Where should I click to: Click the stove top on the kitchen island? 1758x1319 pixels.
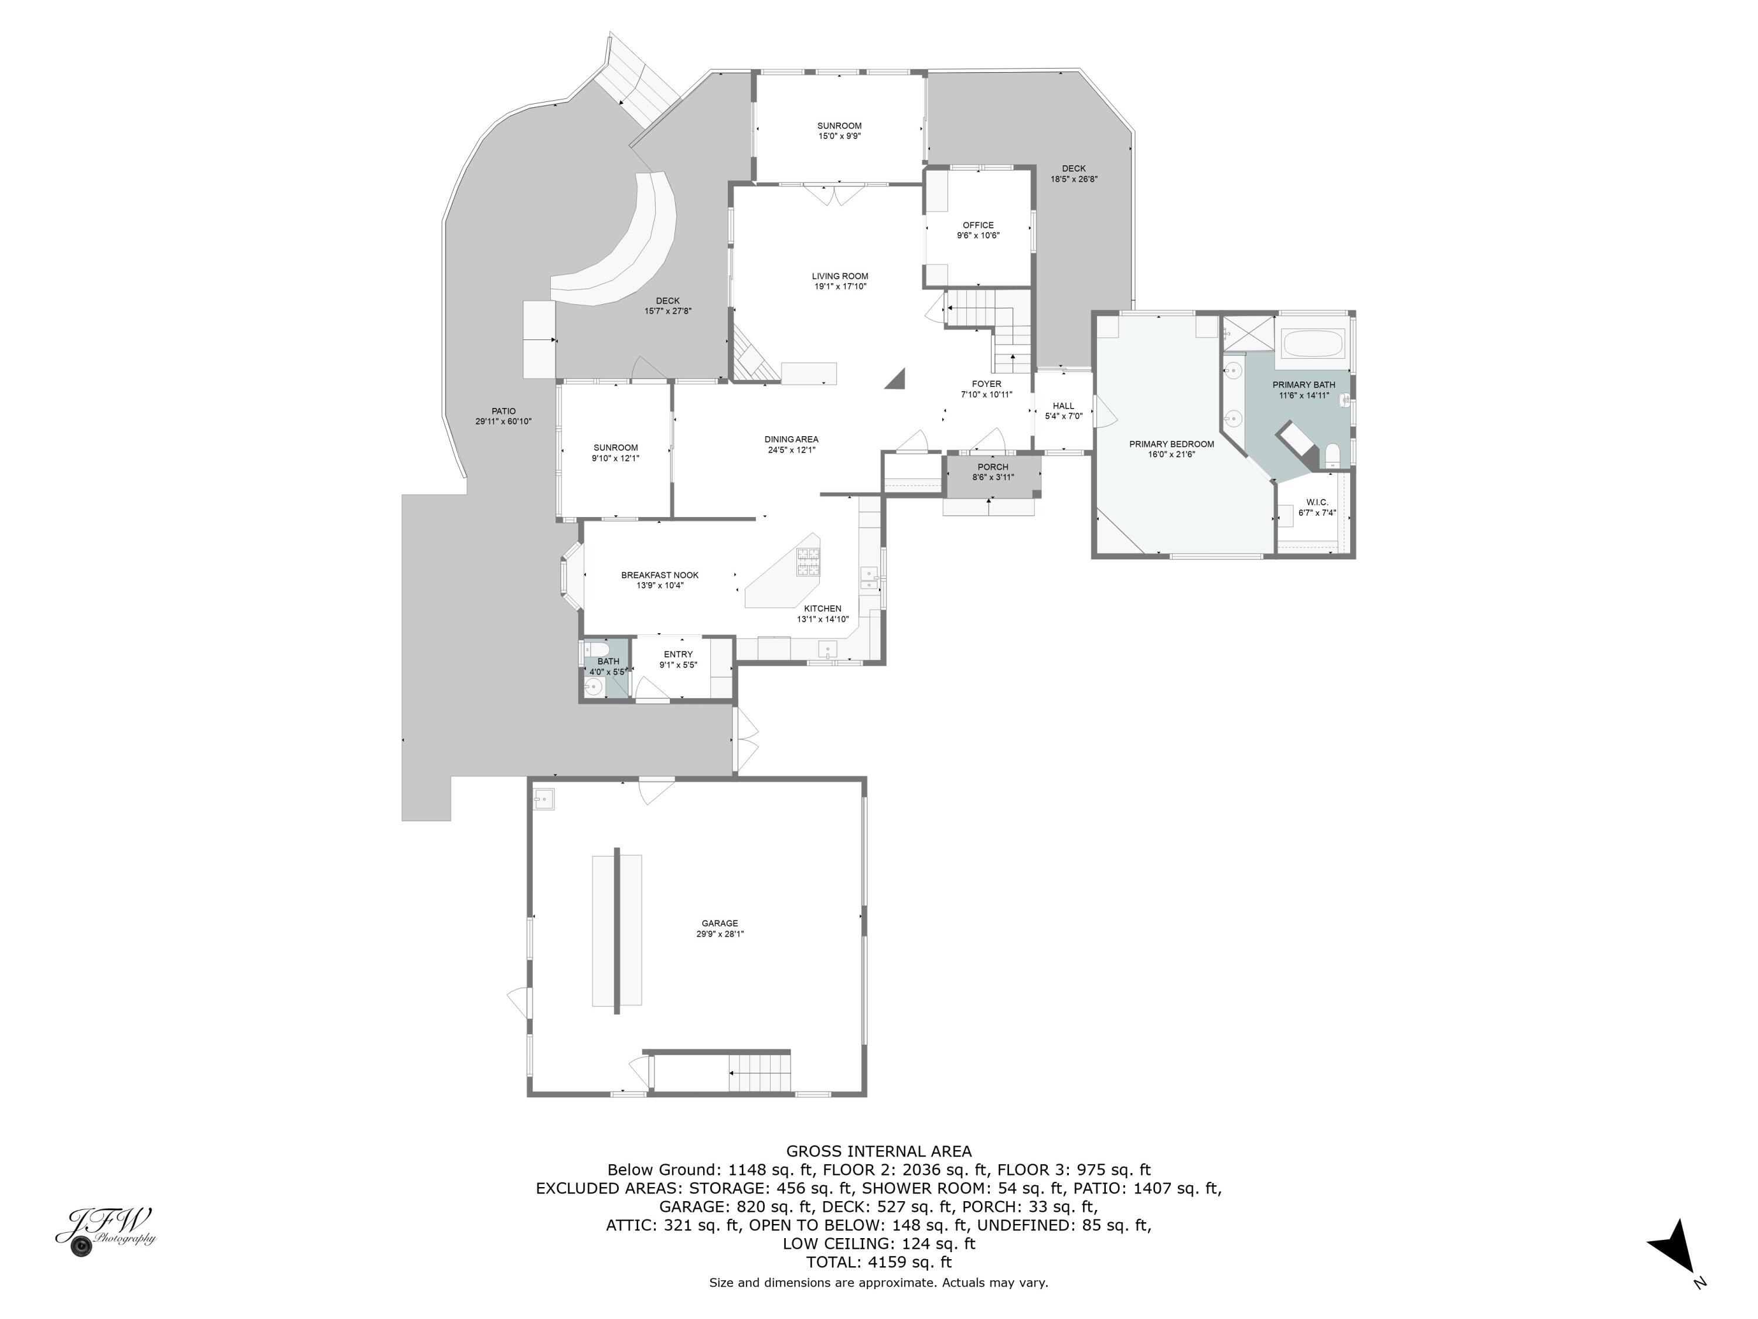click(808, 562)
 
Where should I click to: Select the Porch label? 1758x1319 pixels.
click(993, 467)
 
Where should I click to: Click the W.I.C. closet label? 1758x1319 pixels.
click(1317, 502)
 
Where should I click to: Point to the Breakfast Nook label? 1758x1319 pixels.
click(660, 575)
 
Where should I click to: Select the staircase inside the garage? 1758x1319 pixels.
click(761, 1073)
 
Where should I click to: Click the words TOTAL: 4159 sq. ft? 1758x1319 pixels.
click(878, 1262)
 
